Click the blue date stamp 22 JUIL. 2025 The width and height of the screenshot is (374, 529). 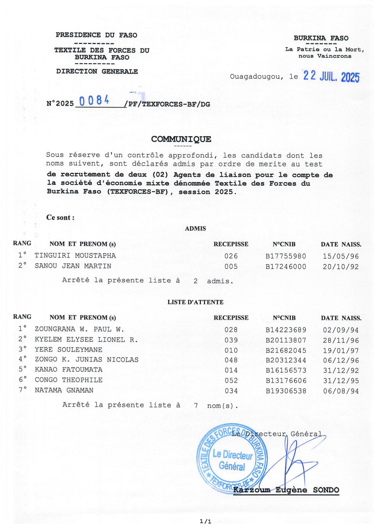tap(331, 77)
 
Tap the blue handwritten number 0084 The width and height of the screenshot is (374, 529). tap(94, 100)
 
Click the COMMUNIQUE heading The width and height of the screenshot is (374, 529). tap(181, 139)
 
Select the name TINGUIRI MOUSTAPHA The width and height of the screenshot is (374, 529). tap(75, 256)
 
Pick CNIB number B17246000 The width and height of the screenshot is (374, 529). tap(286, 267)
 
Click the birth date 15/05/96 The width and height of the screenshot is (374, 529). tap(341, 257)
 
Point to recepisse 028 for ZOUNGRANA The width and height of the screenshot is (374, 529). tap(231, 330)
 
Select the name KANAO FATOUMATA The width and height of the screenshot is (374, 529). tap(68, 370)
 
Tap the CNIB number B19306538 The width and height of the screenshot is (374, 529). tap(286, 391)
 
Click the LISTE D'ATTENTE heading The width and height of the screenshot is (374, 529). tap(195, 302)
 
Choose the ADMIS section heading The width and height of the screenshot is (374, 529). tap(195, 228)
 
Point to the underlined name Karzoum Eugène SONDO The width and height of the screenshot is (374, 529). tap(286, 490)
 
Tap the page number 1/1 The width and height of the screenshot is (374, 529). tap(205, 521)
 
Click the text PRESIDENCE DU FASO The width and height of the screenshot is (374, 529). tap(96, 35)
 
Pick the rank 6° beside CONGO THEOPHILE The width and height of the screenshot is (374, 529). tap(23, 380)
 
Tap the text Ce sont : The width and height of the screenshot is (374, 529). tap(60, 218)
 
